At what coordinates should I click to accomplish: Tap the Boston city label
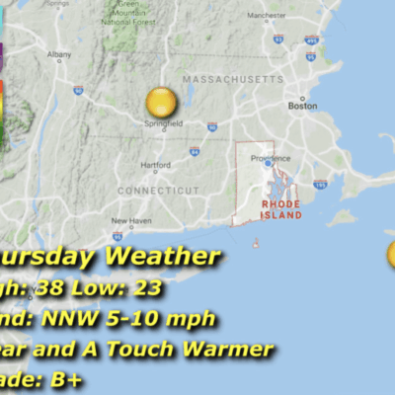301,105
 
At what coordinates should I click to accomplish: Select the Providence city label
270,158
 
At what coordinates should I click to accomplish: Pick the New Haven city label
130,220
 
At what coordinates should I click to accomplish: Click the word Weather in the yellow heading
162,258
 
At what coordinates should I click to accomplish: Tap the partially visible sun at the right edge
391,255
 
